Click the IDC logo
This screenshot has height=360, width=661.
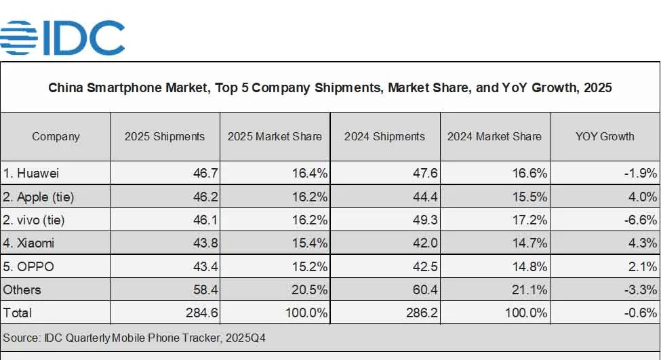pyautogui.click(x=62, y=37)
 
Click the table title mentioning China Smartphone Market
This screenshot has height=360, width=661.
pyautogui.click(x=330, y=88)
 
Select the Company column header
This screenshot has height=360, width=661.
pyautogui.click(x=56, y=136)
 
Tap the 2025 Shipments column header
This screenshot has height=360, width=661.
pyautogui.click(x=165, y=136)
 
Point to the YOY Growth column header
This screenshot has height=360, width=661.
pyautogui.click(x=605, y=136)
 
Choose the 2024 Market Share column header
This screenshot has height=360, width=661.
pyautogui.click(x=494, y=136)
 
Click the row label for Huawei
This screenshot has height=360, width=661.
pyautogui.click(x=31, y=174)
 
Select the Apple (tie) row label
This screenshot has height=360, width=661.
pyautogui.click(x=38, y=197)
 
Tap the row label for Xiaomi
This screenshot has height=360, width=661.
pyautogui.click(x=28, y=243)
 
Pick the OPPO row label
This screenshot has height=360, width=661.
pyautogui.click(x=28, y=266)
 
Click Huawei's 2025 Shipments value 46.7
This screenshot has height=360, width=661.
pyautogui.click(x=205, y=174)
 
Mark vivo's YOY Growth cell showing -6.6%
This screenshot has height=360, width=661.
pyautogui.click(x=641, y=220)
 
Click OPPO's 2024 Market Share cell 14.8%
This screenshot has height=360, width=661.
pyautogui.click(x=530, y=266)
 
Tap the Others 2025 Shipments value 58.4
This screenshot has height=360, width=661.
pyautogui.click(x=205, y=289)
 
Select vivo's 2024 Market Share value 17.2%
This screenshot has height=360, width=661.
pyautogui.click(x=530, y=220)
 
